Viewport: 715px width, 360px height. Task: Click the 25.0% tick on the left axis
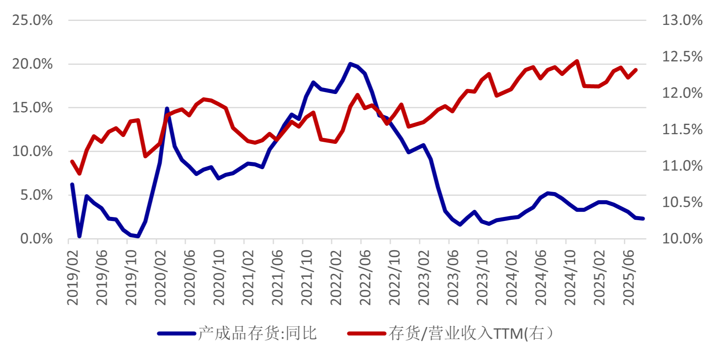(x=33, y=20)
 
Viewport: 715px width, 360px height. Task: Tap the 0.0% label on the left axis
(x=37, y=239)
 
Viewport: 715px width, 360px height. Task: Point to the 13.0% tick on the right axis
(x=682, y=20)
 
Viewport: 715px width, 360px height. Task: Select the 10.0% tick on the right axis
(x=682, y=239)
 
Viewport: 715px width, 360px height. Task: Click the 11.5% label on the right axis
(x=682, y=129)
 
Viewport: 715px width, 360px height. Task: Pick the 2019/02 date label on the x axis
(x=73, y=277)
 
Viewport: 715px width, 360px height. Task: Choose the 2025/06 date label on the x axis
(x=629, y=277)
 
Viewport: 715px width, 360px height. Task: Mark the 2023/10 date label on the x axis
(x=482, y=277)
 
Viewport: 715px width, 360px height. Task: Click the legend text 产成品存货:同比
(x=258, y=333)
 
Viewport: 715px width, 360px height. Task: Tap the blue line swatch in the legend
(x=176, y=333)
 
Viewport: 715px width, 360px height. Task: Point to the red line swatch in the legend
(x=367, y=333)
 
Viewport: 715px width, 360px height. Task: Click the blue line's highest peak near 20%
(x=350, y=64)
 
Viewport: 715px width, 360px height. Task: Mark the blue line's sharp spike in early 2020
(x=167, y=108)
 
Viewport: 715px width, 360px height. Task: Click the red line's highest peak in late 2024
(x=577, y=61)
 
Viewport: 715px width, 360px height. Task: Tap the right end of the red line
(x=636, y=70)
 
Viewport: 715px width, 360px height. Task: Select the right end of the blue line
(x=643, y=219)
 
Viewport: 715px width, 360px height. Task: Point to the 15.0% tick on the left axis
(x=33, y=108)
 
